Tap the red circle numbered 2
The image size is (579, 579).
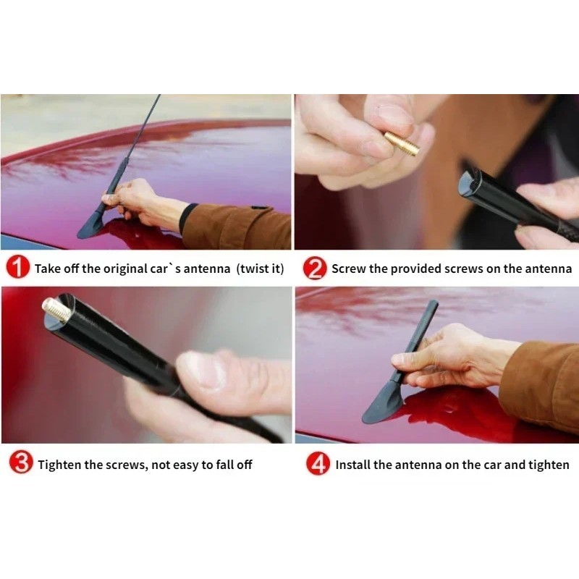[x=315, y=268]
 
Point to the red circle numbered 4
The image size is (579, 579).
[x=318, y=463]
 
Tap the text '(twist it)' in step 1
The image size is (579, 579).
[x=261, y=269]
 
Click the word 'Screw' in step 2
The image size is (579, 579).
[x=349, y=269]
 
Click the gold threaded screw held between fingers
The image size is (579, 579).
[x=402, y=143]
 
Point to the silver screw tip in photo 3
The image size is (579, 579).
[x=56, y=310]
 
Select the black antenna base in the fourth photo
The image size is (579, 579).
[x=381, y=405]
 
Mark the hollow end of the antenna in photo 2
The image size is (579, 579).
[x=468, y=185]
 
